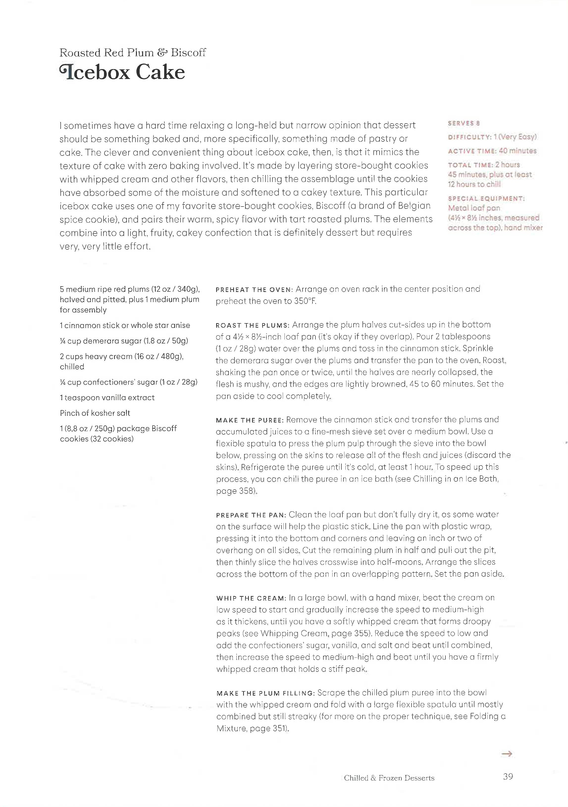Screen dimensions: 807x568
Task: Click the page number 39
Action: (508, 777)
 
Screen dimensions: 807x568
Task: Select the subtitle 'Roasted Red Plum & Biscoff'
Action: (132, 53)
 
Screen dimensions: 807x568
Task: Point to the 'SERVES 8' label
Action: (464, 123)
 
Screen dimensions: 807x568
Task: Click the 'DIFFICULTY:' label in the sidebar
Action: (469, 137)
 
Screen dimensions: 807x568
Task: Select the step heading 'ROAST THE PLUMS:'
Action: (252, 325)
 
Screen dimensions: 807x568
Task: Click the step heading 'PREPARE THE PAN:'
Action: (251, 515)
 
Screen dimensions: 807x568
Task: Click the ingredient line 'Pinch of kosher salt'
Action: (95, 413)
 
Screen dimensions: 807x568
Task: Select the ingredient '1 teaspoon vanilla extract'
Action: (107, 397)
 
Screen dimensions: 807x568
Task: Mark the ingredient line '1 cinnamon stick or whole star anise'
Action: (125, 325)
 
